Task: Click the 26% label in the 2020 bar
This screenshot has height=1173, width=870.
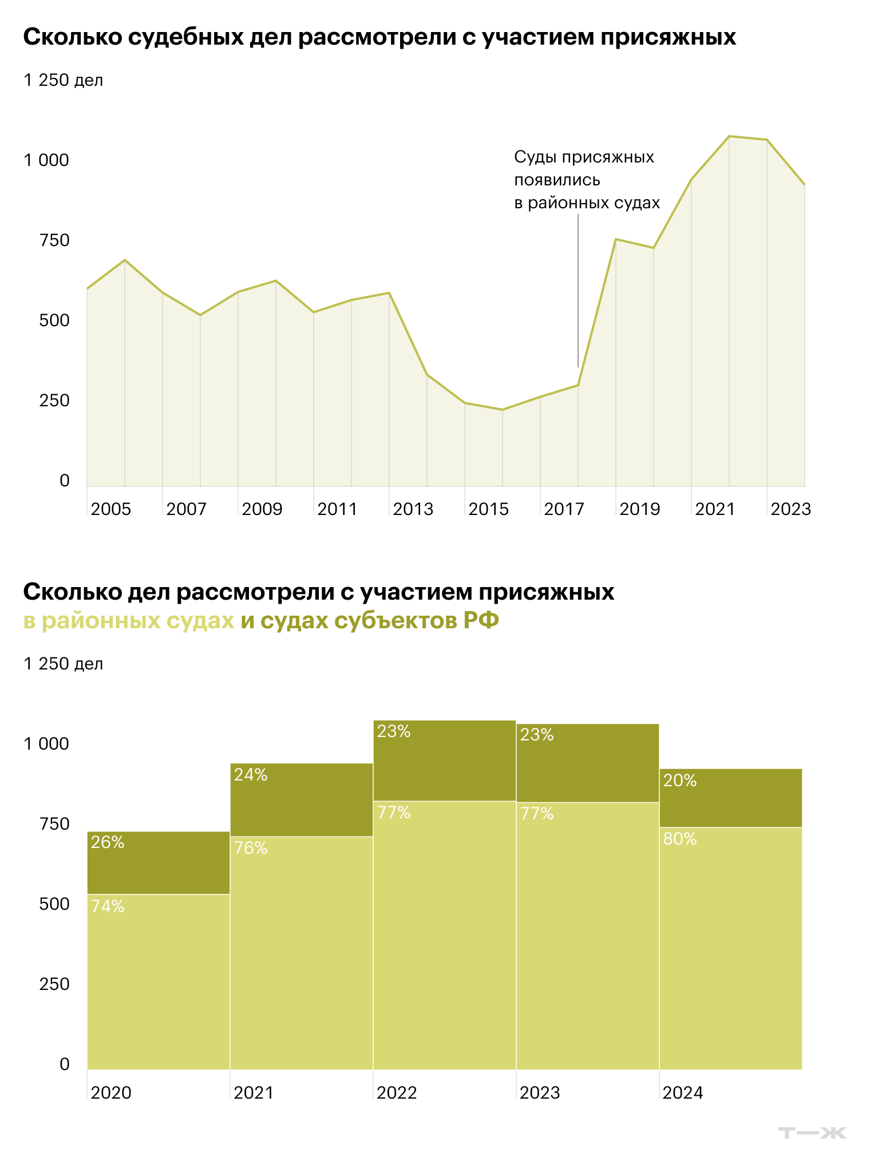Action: point(108,842)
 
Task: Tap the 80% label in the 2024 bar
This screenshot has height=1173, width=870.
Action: point(680,839)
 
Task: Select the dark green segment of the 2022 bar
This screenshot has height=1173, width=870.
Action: point(444,761)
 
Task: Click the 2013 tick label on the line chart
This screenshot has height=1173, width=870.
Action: point(413,509)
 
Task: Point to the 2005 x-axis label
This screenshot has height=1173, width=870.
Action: point(111,509)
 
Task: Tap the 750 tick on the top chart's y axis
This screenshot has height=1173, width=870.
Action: point(54,240)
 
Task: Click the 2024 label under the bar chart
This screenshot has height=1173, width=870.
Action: point(682,1093)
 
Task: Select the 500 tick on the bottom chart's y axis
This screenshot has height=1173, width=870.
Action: point(54,904)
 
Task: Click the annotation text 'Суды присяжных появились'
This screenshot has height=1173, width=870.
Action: point(584,168)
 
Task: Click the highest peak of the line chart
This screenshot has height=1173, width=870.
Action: point(729,136)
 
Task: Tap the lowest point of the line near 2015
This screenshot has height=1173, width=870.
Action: point(503,410)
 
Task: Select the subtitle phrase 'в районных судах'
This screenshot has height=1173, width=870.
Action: point(129,621)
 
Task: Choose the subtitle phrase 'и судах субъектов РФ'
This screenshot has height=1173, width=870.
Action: point(370,621)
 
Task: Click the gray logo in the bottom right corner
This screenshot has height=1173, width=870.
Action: point(813,1132)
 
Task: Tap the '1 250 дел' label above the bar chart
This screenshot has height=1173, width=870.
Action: point(63,664)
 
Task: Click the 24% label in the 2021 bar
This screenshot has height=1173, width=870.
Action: point(251,775)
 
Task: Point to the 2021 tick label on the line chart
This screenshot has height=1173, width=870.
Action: point(714,509)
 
